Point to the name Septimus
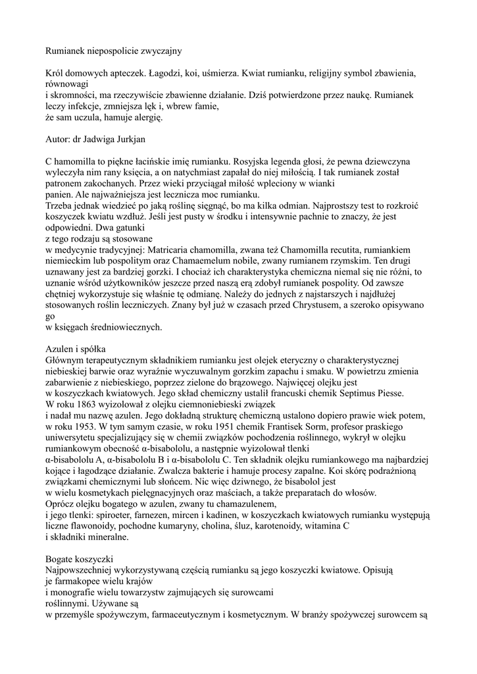343,393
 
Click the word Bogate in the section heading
61,559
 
